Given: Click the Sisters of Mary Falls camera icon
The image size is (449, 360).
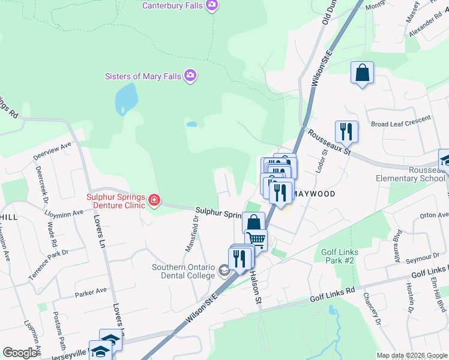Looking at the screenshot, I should pyautogui.click(x=190, y=76).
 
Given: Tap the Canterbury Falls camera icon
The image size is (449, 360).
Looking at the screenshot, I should pyautogui.click(x=211, y=5).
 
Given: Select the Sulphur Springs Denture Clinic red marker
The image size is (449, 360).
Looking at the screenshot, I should pyautogui.click(x=154, y=200).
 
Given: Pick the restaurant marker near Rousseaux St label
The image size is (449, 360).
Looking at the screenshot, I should pyautogui.click(x=346, y=131).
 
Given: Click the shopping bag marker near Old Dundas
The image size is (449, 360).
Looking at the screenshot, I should pyautogui.click(x=362, y=73).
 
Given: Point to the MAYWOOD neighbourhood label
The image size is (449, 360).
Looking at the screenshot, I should pyautogui.click(x=315, y=194).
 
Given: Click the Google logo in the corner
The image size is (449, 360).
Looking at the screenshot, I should pyautogui.click(x=20, y=352).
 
